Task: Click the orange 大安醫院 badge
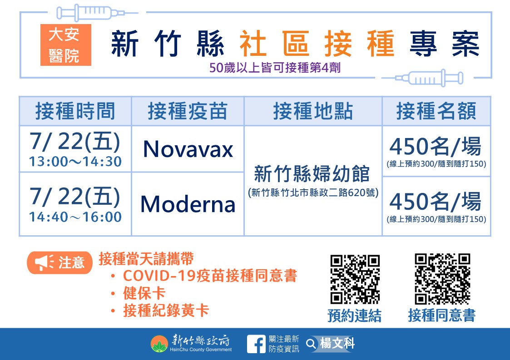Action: click(66, 45)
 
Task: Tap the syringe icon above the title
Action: click(97, 13)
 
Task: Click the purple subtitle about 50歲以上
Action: click(275, 68)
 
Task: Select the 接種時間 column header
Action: click(75, 111)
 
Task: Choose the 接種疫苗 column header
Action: click(188, 111)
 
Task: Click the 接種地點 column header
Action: click(313, 111)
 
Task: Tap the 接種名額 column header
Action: click(436, 111)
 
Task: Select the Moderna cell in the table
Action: click(188, 204)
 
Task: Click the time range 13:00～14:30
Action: click(75, 162)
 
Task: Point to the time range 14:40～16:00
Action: click(75, 217)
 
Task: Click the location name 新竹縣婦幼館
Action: click(312, 174)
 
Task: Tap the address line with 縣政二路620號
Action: click(313, 192)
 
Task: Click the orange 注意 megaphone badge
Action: click(60, 262)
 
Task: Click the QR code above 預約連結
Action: click(355, 279)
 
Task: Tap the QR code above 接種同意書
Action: click(442, 279)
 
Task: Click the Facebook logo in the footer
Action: click(256, 344)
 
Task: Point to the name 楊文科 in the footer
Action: click(337, 343)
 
